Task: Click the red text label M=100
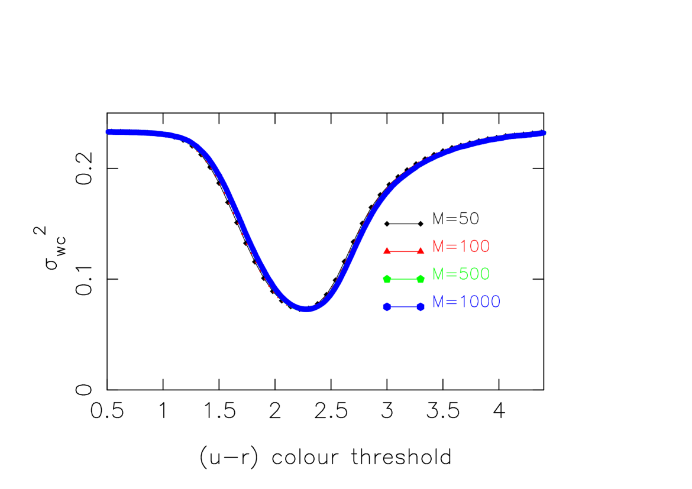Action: tap(461, 247)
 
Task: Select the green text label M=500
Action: tap(461, 274)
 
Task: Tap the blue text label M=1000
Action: tap(466, 302)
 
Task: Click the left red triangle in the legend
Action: tap(387, 251)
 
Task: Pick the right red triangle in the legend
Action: tap(421, 251)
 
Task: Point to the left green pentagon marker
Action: tap(387, 278)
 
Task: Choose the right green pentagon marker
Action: tap(421, 278)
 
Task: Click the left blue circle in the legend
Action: tap(387, 306)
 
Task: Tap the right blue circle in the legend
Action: tap(421, 306)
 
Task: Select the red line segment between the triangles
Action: tap(403, 251)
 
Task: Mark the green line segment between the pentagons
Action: tap(403, 278)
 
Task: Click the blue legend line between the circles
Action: tap(403, 306)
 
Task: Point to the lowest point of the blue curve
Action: tap(306, 309)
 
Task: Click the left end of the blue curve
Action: tap(108, 132)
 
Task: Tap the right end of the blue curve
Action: tap(543, 133)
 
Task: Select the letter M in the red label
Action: tap(438, 247)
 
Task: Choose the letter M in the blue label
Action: tap(438, 302)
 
